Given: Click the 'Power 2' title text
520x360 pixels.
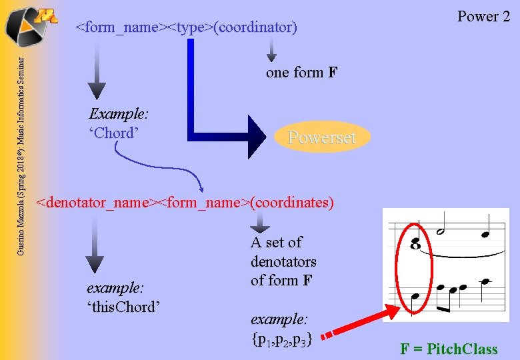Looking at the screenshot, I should (483, 17).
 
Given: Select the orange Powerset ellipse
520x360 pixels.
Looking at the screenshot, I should (321, 137).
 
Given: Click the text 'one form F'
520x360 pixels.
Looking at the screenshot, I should (301, 73).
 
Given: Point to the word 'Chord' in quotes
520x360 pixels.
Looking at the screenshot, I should (114, 133).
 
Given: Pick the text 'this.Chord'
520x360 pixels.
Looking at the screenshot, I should (125, 307).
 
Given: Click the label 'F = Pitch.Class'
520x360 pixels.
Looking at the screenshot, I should (448, 349).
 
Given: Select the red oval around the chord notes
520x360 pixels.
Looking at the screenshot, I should (414, 267).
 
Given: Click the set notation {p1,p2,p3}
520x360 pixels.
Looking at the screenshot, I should (282, 338).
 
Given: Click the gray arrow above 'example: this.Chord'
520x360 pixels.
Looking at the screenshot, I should (95, 247).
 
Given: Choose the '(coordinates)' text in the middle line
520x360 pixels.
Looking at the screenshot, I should (291, 201).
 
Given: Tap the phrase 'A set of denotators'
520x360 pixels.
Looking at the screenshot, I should (283, 252).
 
